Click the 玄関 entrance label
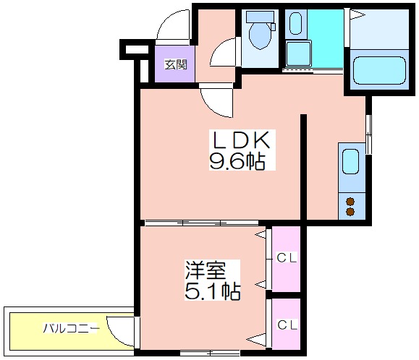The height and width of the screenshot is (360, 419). (176, 64)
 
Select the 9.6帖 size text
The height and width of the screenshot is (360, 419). (237, 161)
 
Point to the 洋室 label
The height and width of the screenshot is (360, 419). (206, 270)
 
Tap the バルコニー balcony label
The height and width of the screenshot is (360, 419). (71, 328)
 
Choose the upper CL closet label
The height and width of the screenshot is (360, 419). (287, 258)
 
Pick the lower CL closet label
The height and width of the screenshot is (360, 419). (287, 325)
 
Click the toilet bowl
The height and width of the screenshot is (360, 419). (260, 35)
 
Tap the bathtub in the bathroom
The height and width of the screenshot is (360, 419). (379, 70)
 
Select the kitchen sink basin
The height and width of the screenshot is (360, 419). (350, 161)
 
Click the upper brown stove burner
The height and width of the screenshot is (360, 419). (350, 202)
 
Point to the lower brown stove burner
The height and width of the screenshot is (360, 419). (350, 212)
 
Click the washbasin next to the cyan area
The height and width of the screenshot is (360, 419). (295, 23)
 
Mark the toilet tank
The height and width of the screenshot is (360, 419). (260, 17)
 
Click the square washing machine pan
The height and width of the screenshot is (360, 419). (298, 53)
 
